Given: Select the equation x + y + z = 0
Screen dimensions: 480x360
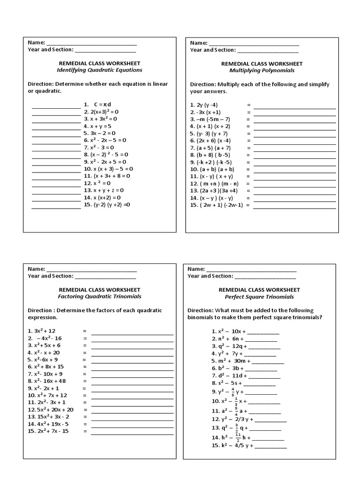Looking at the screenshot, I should coord(103,190).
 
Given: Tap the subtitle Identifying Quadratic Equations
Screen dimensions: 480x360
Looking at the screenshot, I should coord(99,70).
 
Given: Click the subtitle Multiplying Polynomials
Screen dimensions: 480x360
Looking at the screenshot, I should coord(262,70).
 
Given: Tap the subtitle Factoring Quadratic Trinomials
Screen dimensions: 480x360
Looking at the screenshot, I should coord(99,297).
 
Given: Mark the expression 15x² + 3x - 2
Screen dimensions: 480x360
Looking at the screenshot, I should coord(48,416).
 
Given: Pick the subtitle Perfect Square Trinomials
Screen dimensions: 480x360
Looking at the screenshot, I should coord(259,297).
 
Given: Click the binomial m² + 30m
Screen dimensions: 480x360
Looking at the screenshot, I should coord(229,361).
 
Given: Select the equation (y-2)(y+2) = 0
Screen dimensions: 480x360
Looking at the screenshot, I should coord(107,205).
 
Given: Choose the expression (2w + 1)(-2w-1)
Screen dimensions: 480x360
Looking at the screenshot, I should coord(217,205).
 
